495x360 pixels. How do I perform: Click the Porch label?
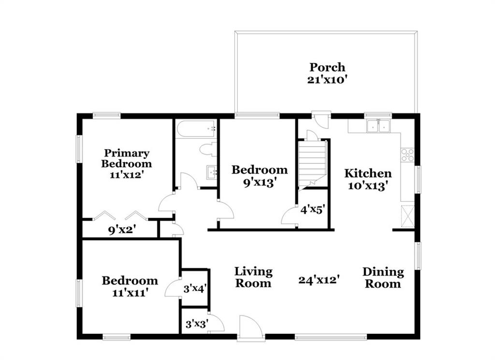click(x=327, y=68)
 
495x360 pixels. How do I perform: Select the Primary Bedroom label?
click(x=127, y=158)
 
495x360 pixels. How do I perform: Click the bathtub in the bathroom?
click(x=196, y=129)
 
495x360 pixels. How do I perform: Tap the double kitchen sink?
click(x=379, y=126)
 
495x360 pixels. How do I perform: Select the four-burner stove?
click(x=407, y=155)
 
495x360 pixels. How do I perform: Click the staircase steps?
click(x=312, y=165)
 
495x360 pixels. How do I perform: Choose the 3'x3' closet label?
click(x=196, y=324)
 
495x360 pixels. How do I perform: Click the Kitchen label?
click(x=368, y=173)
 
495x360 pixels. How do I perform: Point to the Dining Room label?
click(x=383, y=277)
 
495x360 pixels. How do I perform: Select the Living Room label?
click(x=253, y=277)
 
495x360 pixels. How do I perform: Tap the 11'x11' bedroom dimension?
click(x=130, y=293)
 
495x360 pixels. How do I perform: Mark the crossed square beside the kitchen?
click(x=407, y=216)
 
